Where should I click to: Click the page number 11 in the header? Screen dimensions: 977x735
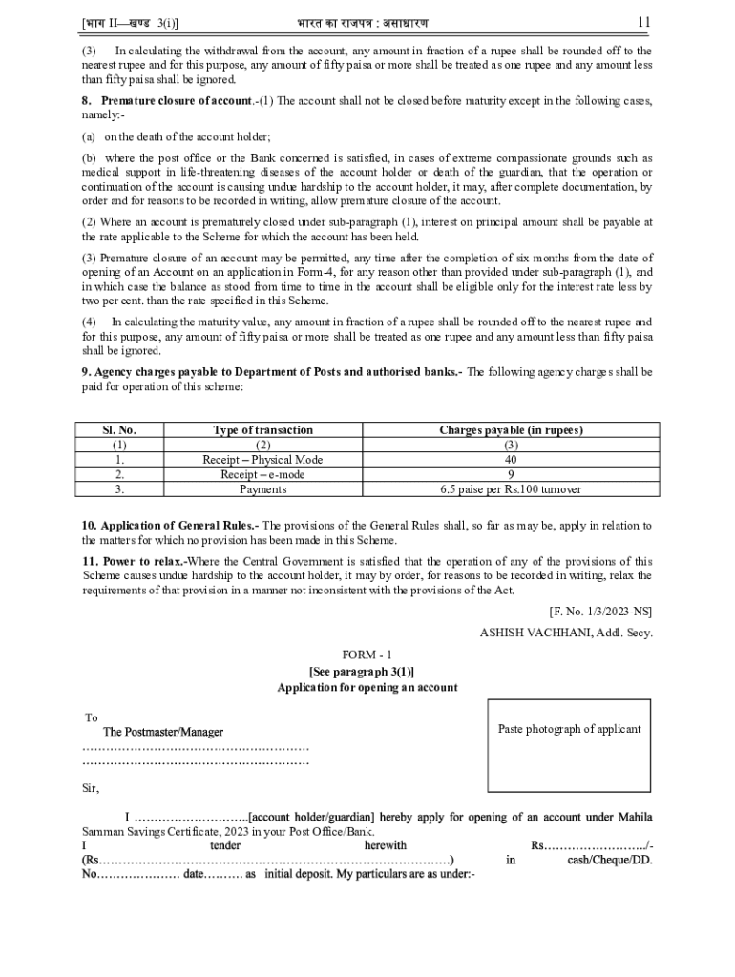[x=643, y=21]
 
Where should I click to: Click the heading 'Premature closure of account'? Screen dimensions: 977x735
[x=172, y=101]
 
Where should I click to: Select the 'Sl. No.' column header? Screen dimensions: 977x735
[x=119, y=430]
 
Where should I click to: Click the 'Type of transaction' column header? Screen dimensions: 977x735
[x=262, y=430]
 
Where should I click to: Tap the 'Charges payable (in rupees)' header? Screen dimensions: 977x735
[x=511, y=430]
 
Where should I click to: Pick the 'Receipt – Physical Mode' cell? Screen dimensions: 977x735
[x=262, y=460]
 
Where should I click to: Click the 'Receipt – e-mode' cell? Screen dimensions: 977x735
[x=262, y=474]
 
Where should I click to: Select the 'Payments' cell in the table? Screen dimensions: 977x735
[x=262, y=488]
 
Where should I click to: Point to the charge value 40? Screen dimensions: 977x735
[x=511, y=460]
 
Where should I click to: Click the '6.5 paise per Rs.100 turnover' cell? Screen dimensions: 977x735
[x=511, y=488]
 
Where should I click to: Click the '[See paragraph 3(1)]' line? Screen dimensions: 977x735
[x=367, y=671]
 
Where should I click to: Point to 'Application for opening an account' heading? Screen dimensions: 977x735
[x=367, y=687]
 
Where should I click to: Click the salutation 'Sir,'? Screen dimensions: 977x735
[x=92, y=788]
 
